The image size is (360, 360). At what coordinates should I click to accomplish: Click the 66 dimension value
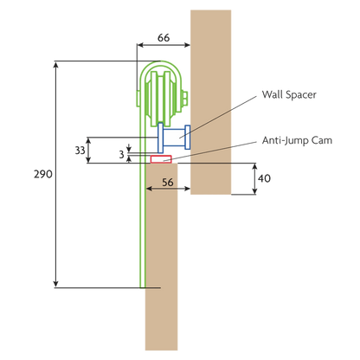(164, 38)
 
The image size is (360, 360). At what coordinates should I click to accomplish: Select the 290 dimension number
(43, 174)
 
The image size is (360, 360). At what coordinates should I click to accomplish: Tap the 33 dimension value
(80, 151)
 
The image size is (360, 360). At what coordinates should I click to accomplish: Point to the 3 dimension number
(122, 155)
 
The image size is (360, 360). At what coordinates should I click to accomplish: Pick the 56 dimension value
(168, 183)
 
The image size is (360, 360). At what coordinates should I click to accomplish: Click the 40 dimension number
(264, 178)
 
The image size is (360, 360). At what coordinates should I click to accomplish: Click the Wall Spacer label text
(289, 94)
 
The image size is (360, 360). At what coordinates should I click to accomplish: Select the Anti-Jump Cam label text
(297, 140)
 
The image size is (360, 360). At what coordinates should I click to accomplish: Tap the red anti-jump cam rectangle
(161, 159)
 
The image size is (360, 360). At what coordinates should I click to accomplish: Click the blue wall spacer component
(174, 138)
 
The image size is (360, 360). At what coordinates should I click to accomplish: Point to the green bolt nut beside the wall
(184, 98)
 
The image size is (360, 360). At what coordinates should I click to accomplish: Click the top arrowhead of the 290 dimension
(56, 64)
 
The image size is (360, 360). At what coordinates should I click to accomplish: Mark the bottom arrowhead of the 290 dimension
(56, 284)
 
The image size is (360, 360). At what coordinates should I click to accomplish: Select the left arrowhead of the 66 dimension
(140, 45)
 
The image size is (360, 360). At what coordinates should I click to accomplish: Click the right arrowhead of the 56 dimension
(187, 189)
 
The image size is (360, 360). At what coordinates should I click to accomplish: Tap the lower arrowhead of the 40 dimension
(254, 191)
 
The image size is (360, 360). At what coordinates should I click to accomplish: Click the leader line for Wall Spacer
(218, 117)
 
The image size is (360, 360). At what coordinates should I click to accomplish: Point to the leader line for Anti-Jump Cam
(210, 151)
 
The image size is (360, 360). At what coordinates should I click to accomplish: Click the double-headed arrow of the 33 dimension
(89, 151)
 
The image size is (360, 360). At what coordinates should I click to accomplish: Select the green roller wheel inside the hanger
(161, 98)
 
